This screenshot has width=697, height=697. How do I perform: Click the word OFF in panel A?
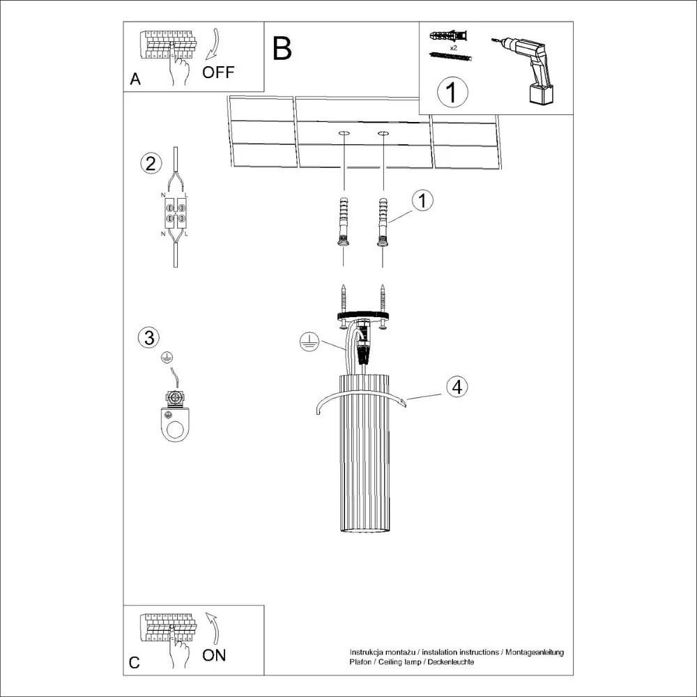[x=218, y=72]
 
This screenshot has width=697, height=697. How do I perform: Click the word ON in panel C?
[x=214, y=654]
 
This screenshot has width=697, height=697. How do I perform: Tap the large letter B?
[x=282, y=48]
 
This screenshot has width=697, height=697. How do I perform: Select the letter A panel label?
[x=135, y=79]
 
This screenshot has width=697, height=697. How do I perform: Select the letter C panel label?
[x=135, y=663]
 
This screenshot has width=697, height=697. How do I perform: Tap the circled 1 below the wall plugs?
[x=452, y=92]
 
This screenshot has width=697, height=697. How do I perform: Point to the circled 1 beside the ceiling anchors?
[x=422, y=201]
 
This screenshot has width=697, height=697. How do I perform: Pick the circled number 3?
[x=148, y=337]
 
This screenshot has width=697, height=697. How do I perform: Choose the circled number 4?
[x=457, y=387]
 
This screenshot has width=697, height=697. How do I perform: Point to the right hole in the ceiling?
[x=383, y=132]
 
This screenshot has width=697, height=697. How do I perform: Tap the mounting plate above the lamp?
[x=362, y=316]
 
